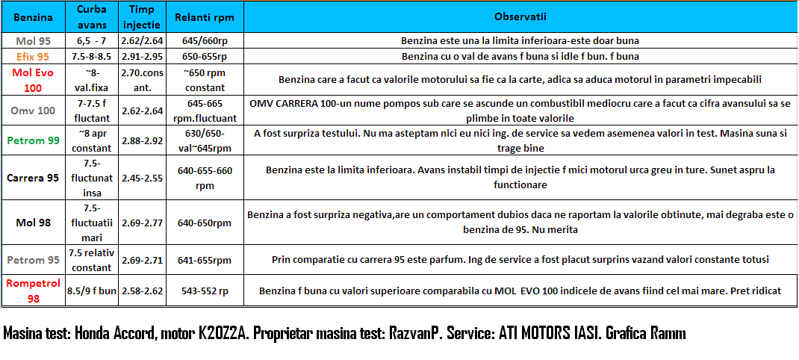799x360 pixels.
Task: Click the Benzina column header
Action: point(33,16)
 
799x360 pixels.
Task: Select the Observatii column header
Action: point(520,16)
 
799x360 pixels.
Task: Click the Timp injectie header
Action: point(142,16)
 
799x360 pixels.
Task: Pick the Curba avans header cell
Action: point(92,16)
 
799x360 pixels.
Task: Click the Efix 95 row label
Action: point(33,56)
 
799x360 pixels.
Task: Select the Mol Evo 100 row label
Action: point(33,79)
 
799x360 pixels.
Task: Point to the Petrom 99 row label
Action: point(33,140)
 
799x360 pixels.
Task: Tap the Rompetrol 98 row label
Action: point(33,291)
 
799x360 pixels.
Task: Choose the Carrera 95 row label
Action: point(33,178)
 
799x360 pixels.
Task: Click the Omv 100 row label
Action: point(33,111)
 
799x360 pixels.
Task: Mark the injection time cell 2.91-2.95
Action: point(142,56)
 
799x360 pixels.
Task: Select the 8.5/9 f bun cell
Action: point(92,291)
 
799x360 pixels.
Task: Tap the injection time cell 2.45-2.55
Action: point(142,178)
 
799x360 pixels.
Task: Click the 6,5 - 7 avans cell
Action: point(92,40)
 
